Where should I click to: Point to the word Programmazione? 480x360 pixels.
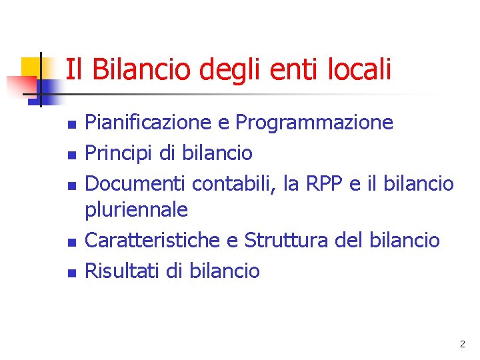(315, 123)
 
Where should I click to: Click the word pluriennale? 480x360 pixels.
(137, 211)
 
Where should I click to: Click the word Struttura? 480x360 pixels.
(287, 240)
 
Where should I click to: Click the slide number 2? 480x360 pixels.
(462, 345)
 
